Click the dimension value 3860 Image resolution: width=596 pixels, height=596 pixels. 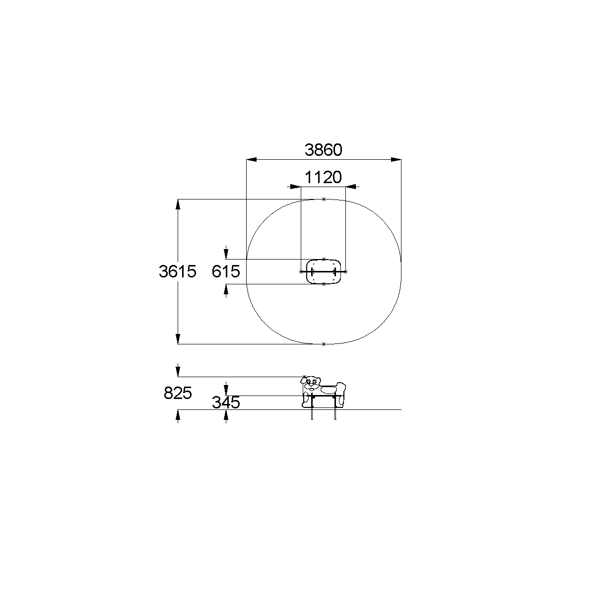click(x=323, y=150)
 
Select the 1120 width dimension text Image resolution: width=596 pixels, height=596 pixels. click(x=323, y=177)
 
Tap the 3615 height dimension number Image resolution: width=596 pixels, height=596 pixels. click(x=178, y=271)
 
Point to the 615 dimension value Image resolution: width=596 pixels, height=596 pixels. click(x=226, y=271)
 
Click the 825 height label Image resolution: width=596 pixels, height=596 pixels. click(x=178, y=393)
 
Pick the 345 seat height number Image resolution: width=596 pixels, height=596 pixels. click(x=226, y=402)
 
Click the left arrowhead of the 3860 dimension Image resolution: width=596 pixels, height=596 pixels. click(x=252, y=160)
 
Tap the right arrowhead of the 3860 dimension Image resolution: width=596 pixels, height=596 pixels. click(x=396, y=160)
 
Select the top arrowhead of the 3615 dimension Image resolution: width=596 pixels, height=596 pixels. click(x=178, y=204)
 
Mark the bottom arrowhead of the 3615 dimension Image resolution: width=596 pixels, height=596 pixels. click(x=178, y=339)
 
